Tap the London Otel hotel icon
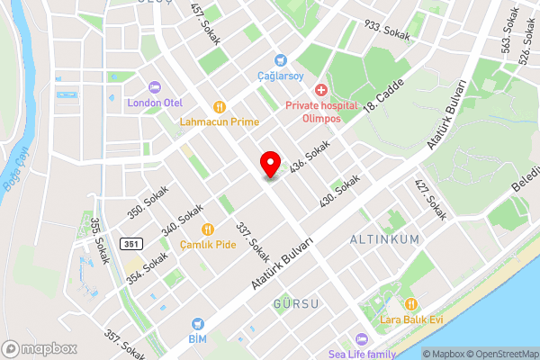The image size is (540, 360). (x=155, y=87)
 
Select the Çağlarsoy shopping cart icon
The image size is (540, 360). (x=283, y=60)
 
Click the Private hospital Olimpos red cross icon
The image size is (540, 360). (x=320, y=90)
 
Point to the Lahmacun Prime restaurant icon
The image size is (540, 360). (x=220, y=106)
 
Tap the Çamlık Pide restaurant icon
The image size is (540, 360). (x=208, y=229)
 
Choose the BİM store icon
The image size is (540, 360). (x=198, y=323)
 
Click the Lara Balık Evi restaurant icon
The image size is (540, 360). (x=412, y=304)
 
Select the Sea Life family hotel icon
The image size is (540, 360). (x=362, y=338)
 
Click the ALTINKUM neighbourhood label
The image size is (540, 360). (x=385, y=240)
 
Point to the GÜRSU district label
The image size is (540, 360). (x=295, y=304)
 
